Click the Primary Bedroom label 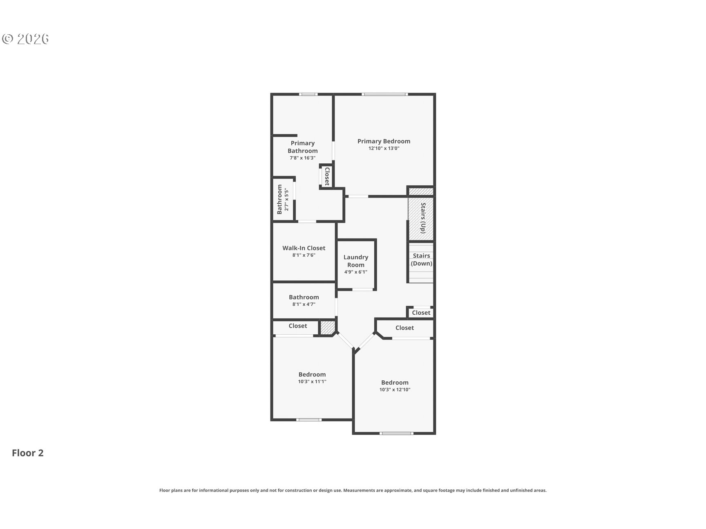(x=384, y=141)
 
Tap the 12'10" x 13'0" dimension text (x=384, y=149)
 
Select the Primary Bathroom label (x=303, y=147)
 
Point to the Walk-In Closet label (x=304, y=248)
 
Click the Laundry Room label (x=356, y=261)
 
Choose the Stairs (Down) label (x=421, y=260)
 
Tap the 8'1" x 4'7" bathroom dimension (x=304, y=304)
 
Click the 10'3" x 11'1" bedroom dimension (x=312, y=382)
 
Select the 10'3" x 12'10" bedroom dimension (x=395, y=390)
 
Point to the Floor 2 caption (x=28, y=453)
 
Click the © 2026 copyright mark (x=25, y=39)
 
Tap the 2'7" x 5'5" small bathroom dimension (x=287, y=200)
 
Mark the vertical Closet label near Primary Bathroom (x=327, y=176)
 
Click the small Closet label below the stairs (x=421, y=313)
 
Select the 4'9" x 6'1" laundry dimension (x=356, y=272)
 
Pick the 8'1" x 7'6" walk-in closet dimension (x=304, y=255)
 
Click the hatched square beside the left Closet (x=327, y=328)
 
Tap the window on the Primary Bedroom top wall (x=384, y=95)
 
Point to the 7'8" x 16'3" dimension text (x=303, y=158)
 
